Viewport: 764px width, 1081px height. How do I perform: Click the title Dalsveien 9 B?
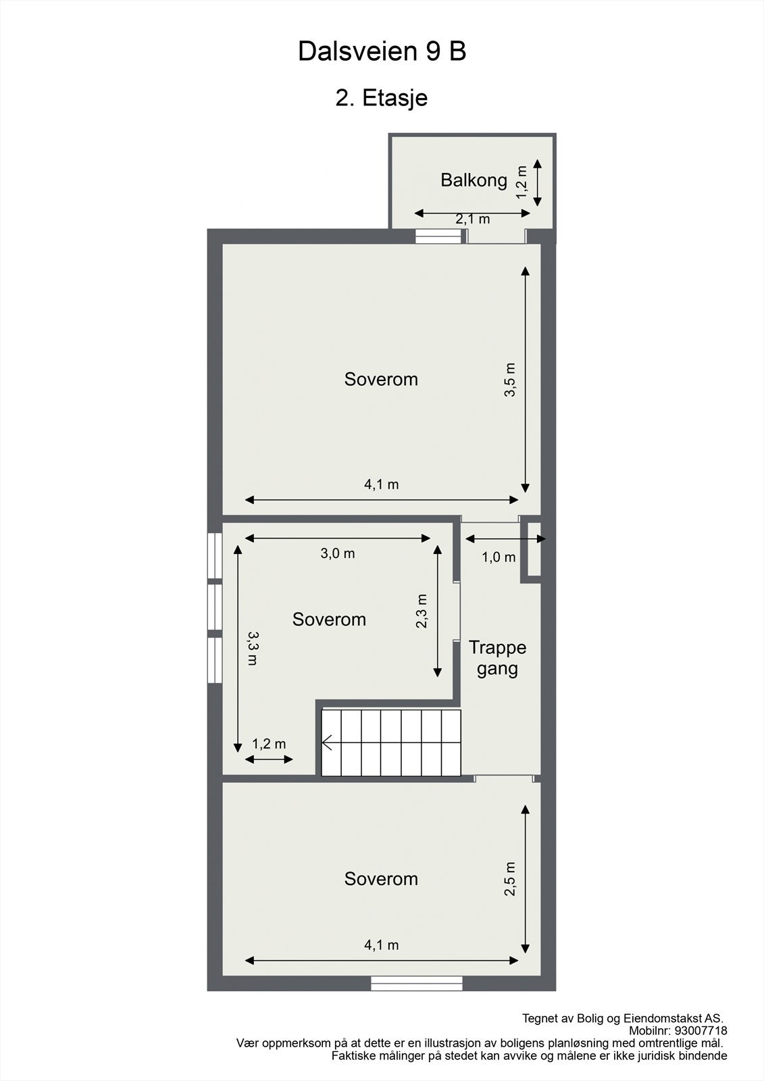click(382, 51)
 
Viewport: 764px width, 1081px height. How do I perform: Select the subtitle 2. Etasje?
click(382, 98)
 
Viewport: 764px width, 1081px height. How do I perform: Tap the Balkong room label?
click(474, 180)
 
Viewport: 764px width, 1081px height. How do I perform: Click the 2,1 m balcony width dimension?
click(472, 219)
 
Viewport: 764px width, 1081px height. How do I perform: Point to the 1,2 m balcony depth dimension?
click(521, 182)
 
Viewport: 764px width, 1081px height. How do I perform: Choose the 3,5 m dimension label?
click(510, 380)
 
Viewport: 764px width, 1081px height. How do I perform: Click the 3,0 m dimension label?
click(338, 553)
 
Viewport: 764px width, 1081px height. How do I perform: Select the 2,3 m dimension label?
click(422, 611)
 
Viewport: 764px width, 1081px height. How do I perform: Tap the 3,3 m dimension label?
click(252, 649)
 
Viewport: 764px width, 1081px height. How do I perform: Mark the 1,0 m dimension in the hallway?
click(499, 557)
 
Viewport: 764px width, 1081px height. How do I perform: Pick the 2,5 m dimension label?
click(510, 878)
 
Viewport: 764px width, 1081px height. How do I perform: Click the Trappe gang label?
click(498, 658)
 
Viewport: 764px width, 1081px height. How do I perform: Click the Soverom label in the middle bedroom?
click(329, 620)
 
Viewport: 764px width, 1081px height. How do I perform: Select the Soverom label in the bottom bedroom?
click(381, 879)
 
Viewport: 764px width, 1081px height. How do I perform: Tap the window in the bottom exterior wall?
click(417, 984)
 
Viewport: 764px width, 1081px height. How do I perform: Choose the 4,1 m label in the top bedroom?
click(382, 484)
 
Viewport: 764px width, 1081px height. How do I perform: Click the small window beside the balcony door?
click(437, 236)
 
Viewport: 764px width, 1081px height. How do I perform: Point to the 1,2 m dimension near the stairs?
click(269, 744)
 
